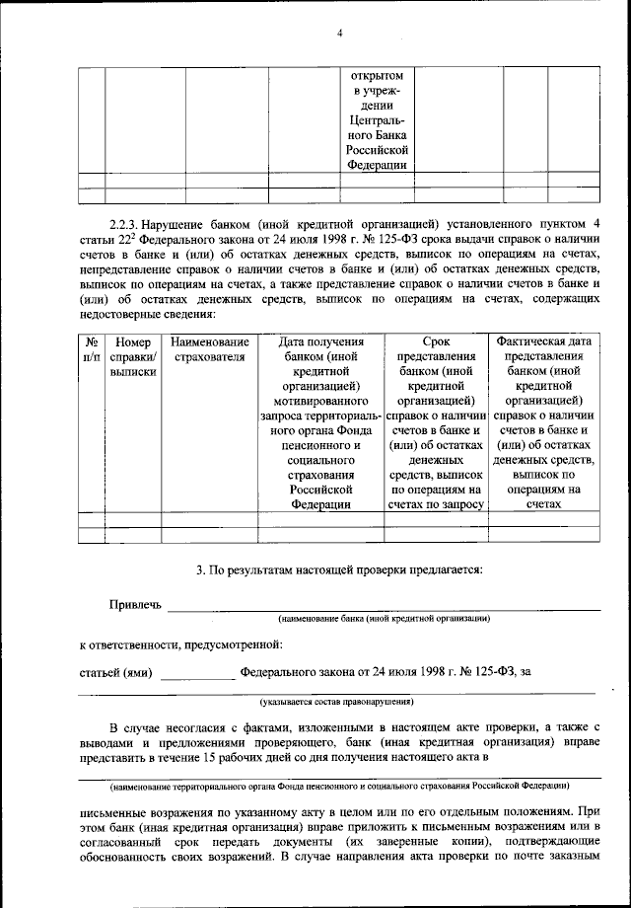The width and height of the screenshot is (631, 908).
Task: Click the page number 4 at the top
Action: click(x=338, y=34)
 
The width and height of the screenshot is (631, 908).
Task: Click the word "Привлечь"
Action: click(x=135, y=603)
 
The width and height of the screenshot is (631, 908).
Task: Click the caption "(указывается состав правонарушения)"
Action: click(x=336, y=702)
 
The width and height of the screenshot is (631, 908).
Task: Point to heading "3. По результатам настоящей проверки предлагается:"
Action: click(x=338, y=569)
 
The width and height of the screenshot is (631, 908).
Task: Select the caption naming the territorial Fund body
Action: click(x=338, y=786)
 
